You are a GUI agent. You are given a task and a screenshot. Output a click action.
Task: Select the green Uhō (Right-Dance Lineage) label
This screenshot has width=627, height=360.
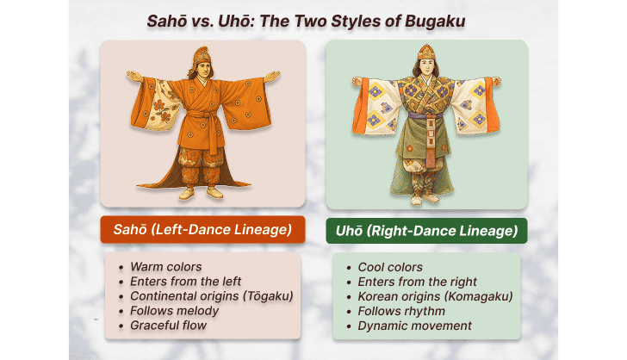tap(426, 230)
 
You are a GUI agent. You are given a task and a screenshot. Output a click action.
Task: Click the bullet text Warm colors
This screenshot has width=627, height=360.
tap(165, 267)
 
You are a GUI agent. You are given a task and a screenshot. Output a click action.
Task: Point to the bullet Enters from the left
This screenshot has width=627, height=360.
tap(185, 282)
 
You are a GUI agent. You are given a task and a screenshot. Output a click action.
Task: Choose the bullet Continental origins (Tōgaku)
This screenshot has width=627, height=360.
tap(212, 296)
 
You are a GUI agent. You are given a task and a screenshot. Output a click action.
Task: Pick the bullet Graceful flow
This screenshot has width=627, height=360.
tap(168, 326)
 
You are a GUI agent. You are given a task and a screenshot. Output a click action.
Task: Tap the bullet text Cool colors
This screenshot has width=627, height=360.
tap(390, 267)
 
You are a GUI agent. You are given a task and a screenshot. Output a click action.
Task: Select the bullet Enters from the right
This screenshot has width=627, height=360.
tap(417, 282)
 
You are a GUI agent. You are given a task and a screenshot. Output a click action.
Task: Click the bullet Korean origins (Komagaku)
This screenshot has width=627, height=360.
tap(435, 296)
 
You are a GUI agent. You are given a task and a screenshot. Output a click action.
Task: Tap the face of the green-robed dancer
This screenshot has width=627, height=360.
tap(425, 65)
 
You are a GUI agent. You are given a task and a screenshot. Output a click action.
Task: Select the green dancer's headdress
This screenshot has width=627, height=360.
tap(425, 49)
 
